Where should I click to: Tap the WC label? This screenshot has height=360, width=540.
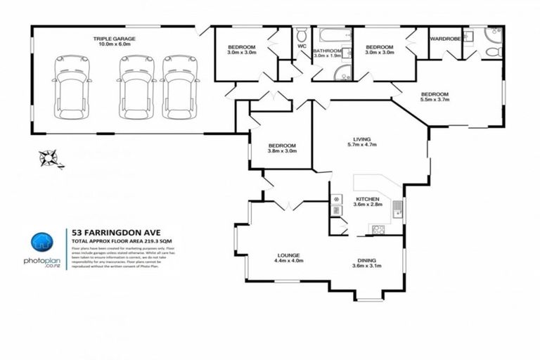[302, 46]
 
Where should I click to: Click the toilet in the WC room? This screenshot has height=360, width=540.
[302, 35]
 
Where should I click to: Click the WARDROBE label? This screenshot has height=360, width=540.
[445, 39]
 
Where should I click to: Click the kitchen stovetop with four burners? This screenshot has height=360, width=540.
[378, 229]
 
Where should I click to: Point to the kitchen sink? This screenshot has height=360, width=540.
[397, 208]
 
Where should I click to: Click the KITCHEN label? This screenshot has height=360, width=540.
[367, 199]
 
